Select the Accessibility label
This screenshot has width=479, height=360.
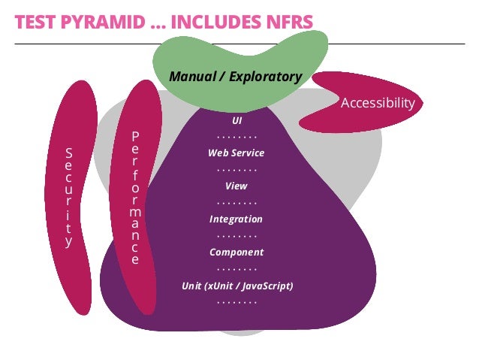pos(378,103)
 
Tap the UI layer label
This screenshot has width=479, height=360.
pos(237,120)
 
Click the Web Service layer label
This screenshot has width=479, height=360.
pos(236,153)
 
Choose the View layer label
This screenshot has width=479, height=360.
pos(236,186)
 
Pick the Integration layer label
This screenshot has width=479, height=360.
pos(236,219)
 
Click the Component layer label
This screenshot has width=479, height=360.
pos(236,253)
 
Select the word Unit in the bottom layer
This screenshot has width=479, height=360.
pos(192,286)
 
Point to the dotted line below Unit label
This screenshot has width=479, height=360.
pos(236,302)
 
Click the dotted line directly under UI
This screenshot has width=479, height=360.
pos(236,137)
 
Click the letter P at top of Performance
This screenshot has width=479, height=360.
pos(135,136)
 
